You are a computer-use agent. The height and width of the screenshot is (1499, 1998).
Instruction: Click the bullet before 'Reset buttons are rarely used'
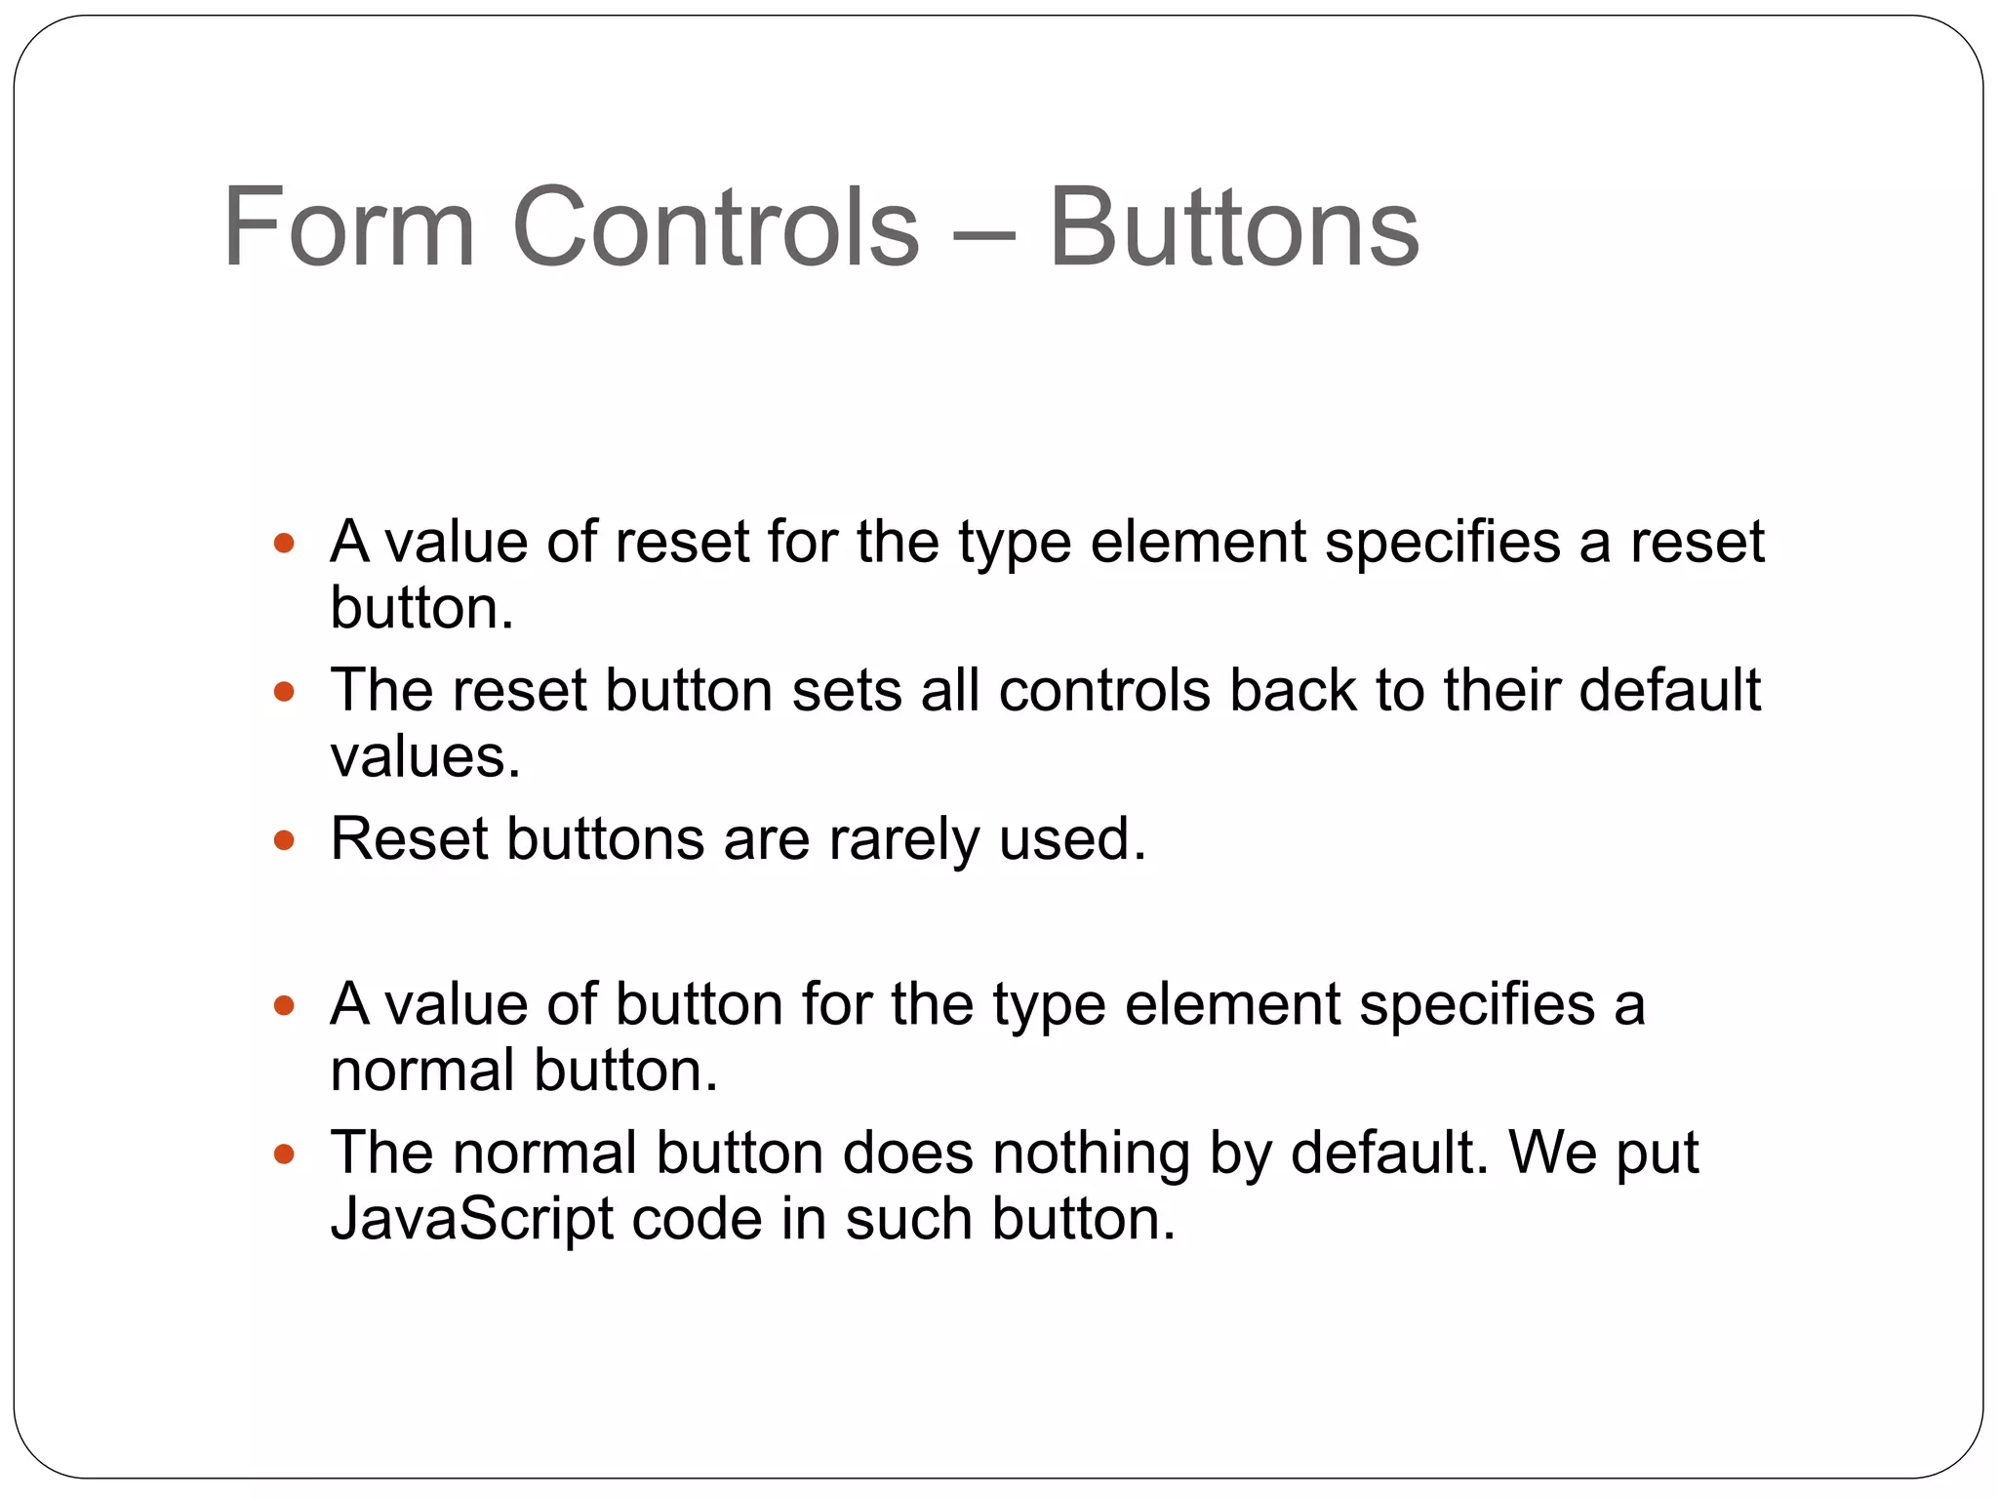click(x=284, y=839)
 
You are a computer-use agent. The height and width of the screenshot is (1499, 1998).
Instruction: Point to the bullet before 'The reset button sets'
click(x=284, y=692)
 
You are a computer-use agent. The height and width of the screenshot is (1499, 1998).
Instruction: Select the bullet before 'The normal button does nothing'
click(x=284, y=1155)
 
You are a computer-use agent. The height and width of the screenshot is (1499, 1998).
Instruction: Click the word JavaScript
click(x=472, y=1219)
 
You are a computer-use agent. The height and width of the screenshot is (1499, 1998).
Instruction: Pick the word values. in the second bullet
click(x=425, y=756)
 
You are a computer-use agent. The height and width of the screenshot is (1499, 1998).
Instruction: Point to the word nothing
click(x=1091, y=1154)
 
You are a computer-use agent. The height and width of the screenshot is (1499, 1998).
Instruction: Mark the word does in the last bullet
click(x=907, y=1153)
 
